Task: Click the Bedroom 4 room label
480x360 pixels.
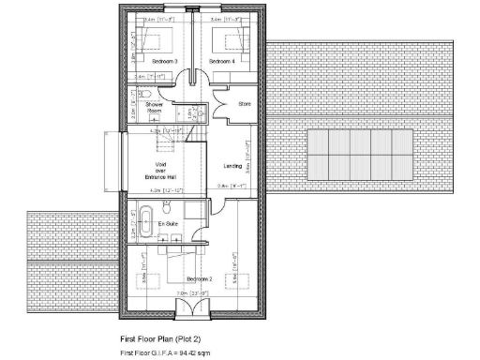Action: click(221, 61)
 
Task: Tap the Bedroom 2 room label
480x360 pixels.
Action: click(201, 280)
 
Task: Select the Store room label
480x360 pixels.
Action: click(246, 103)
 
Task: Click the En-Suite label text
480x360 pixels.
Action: click(168, 225)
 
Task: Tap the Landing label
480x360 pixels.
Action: click(232, 167)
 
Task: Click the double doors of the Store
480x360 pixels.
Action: click(218, 105)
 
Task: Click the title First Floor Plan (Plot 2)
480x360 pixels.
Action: click(159, 337)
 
